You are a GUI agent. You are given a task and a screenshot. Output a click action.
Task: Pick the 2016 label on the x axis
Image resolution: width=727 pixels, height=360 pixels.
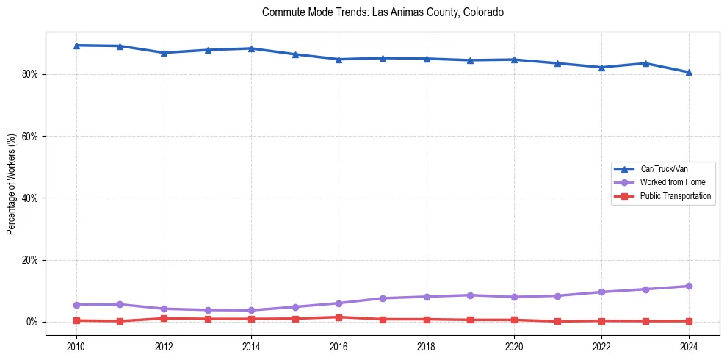pyautogui.click(x=339, y=345)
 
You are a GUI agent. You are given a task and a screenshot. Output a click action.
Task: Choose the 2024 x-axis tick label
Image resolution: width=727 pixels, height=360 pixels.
pyautogui.click(x=689, y=345)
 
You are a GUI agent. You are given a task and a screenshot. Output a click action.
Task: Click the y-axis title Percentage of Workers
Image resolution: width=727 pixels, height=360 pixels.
pyautogui.click(x=12, y=184)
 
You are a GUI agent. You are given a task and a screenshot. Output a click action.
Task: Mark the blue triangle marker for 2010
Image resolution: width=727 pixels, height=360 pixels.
pyautogui.click(x=76, y=46)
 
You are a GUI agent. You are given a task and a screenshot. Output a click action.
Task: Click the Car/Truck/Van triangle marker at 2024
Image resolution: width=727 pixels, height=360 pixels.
pyautogui.click(x=689, y=72)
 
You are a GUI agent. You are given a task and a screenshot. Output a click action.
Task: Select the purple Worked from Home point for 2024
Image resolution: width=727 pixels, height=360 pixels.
pyautogui.click(x=689, y=287)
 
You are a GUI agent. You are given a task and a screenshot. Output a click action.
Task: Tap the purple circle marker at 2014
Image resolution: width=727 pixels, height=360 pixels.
pyautogui.click(x=251, y=310)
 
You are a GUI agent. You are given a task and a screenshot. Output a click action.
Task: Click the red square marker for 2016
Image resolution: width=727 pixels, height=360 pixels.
pyautogui.click(x=339, y=317)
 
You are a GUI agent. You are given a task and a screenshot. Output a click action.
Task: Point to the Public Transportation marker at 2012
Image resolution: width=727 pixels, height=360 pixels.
pyautogui.click(x=164, y=318)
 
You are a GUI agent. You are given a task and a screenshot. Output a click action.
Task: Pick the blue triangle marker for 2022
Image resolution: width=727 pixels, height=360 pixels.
pyautogui.click(x=601, y=68)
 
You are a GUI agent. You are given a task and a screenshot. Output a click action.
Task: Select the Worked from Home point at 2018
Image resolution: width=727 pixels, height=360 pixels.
pyautogui.click(x=427, y=297)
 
